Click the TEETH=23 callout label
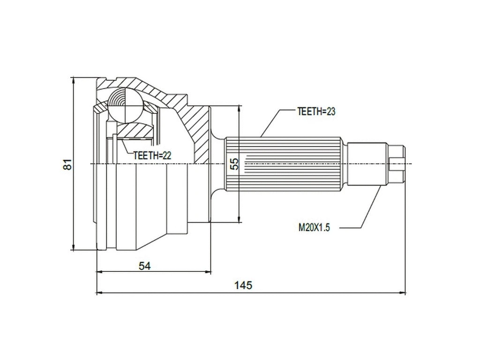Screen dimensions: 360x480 click(x=316, y=112)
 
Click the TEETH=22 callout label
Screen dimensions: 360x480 click(x=152, y=155)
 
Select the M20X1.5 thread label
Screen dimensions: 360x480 click(x=315, y=228)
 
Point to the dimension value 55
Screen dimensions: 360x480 click(x=235, y=163)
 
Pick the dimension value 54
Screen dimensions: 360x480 click(x=145, y=266)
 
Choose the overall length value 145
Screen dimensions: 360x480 click(x=244, y=285)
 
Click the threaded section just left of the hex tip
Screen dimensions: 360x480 click(x=368, y=164)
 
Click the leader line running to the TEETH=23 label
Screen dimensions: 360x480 click(x=271, y=124)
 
